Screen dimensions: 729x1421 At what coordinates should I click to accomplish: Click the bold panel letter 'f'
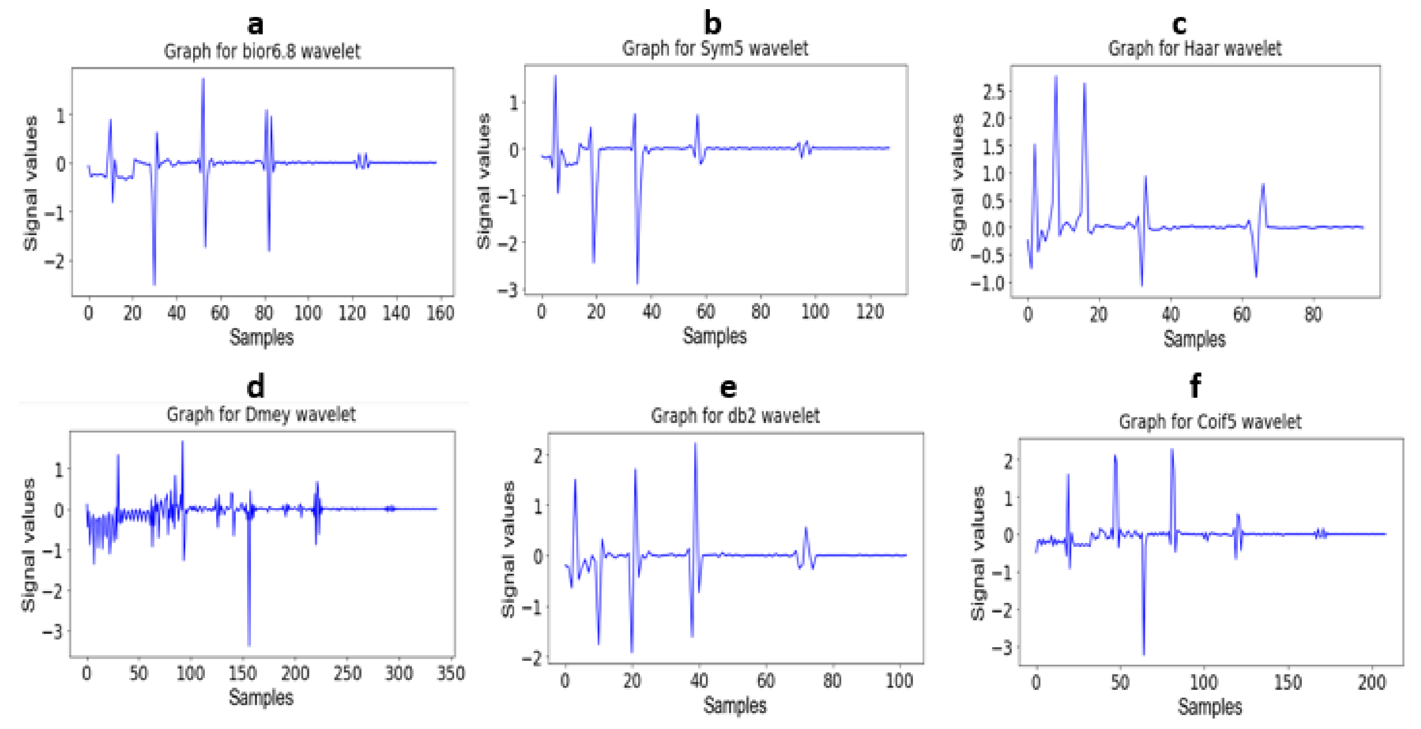(x=1195, y=386)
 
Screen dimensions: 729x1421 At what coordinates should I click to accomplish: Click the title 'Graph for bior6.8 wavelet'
(x=262, y=51)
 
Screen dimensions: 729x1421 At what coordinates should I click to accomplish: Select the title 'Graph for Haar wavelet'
(x=1195, y=49)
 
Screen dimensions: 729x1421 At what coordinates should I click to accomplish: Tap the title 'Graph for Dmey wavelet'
(x=261, y=414)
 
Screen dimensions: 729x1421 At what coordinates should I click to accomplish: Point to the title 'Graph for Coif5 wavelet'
(x=1210, y=422)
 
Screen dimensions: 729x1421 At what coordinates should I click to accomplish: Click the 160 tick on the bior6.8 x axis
(x=440, y=313)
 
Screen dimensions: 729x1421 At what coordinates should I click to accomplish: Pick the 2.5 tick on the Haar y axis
(x=993, y=92)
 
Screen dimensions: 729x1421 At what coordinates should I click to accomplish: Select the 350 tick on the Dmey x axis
(x=450, y=673)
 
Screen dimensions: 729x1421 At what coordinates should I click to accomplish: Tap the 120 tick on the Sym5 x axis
(x=869, y=312)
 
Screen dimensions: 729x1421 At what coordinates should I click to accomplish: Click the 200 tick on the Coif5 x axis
(x=1371, y=682)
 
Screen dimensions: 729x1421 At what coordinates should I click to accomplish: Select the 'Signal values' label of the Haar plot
(x=957, y=182)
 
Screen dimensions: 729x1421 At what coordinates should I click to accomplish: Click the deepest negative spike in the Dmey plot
(x=249, y=644)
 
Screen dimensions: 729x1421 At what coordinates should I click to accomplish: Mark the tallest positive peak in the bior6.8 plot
(x=203, y=80)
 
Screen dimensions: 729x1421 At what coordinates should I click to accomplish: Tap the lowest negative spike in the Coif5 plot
(x=1143, y=653)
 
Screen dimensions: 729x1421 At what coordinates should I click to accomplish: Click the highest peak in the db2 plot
(x=695, y=444)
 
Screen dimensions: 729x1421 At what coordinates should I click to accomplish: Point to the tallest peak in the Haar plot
(x=1055, y=77)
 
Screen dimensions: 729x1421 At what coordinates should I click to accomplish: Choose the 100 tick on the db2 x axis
(x=899, y=681)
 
